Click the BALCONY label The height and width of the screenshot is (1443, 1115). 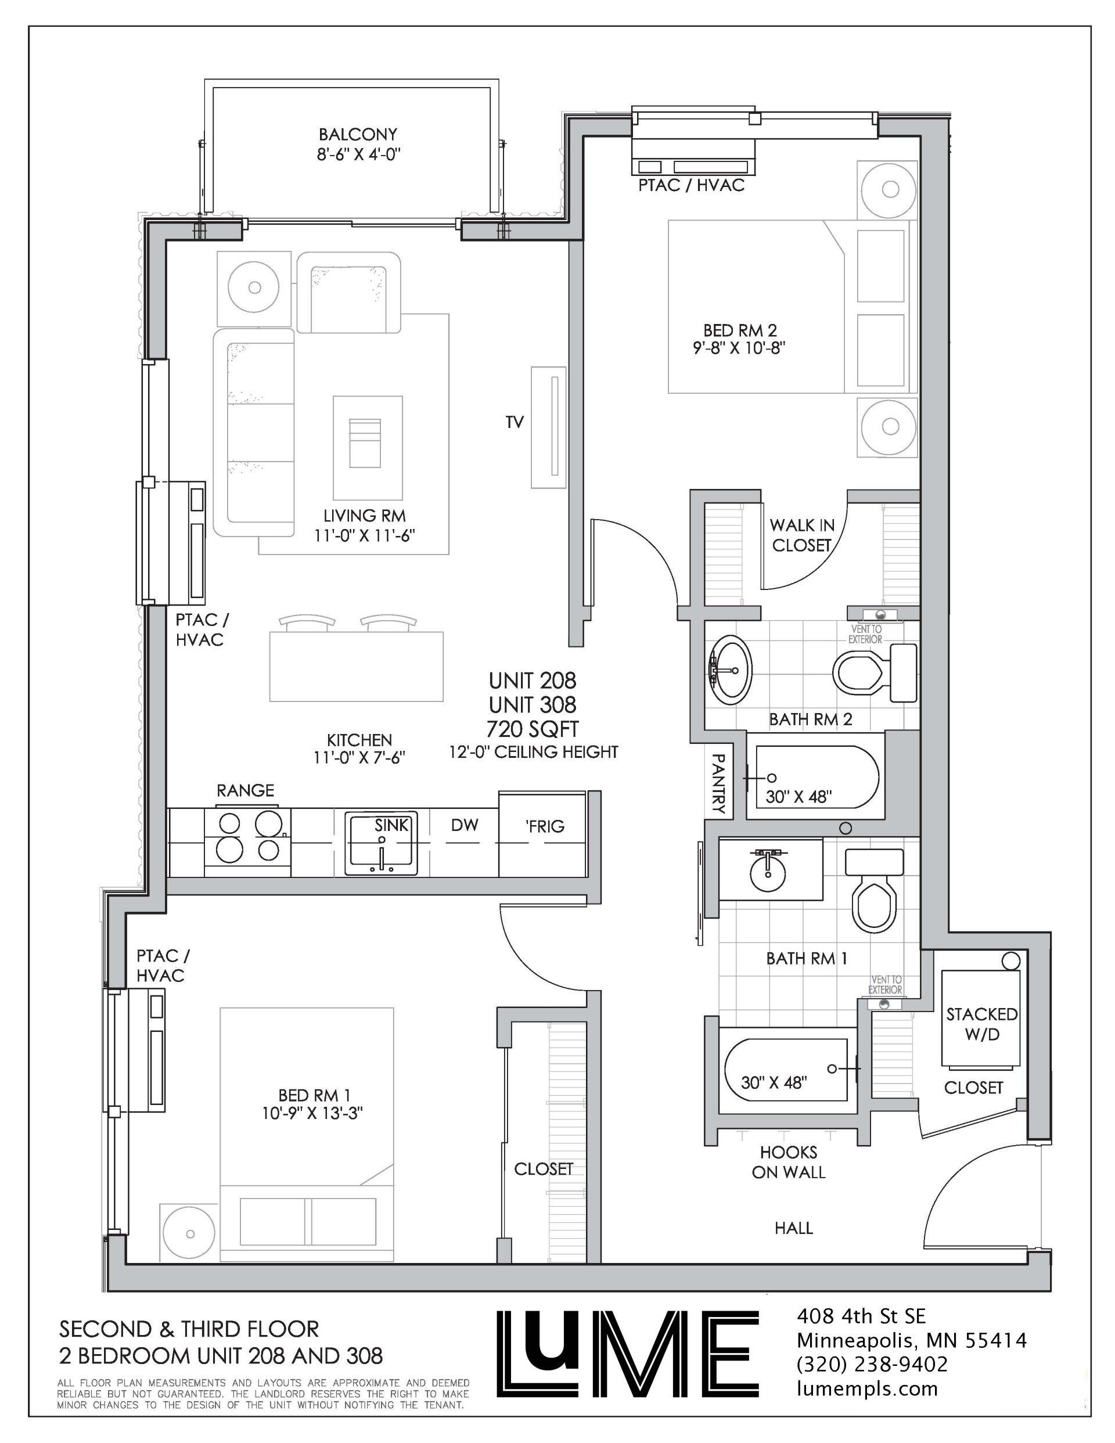358,135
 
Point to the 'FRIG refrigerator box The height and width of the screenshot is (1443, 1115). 542,835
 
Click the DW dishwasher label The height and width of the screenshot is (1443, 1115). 465,825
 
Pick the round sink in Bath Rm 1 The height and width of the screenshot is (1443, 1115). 768,873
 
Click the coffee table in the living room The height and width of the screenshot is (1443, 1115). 368,447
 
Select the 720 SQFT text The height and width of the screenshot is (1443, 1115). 532,729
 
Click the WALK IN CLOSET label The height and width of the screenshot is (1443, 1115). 802,535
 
